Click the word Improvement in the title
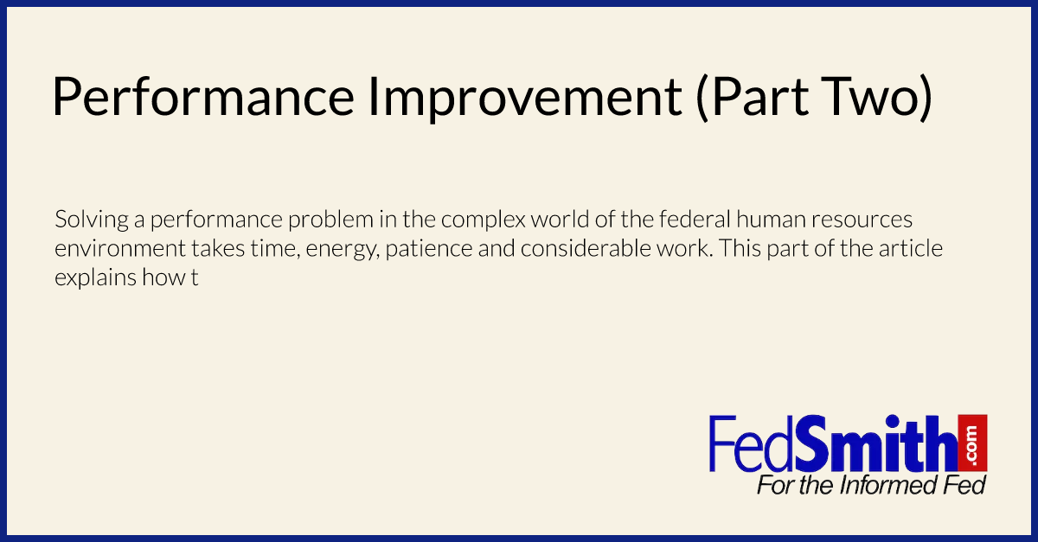point(524,98)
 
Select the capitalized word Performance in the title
point(203,98)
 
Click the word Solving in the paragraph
point(92,220)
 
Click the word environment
point(120,249)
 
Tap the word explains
point(95,278)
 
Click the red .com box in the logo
point(972,443)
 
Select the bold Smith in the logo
point(875,443)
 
